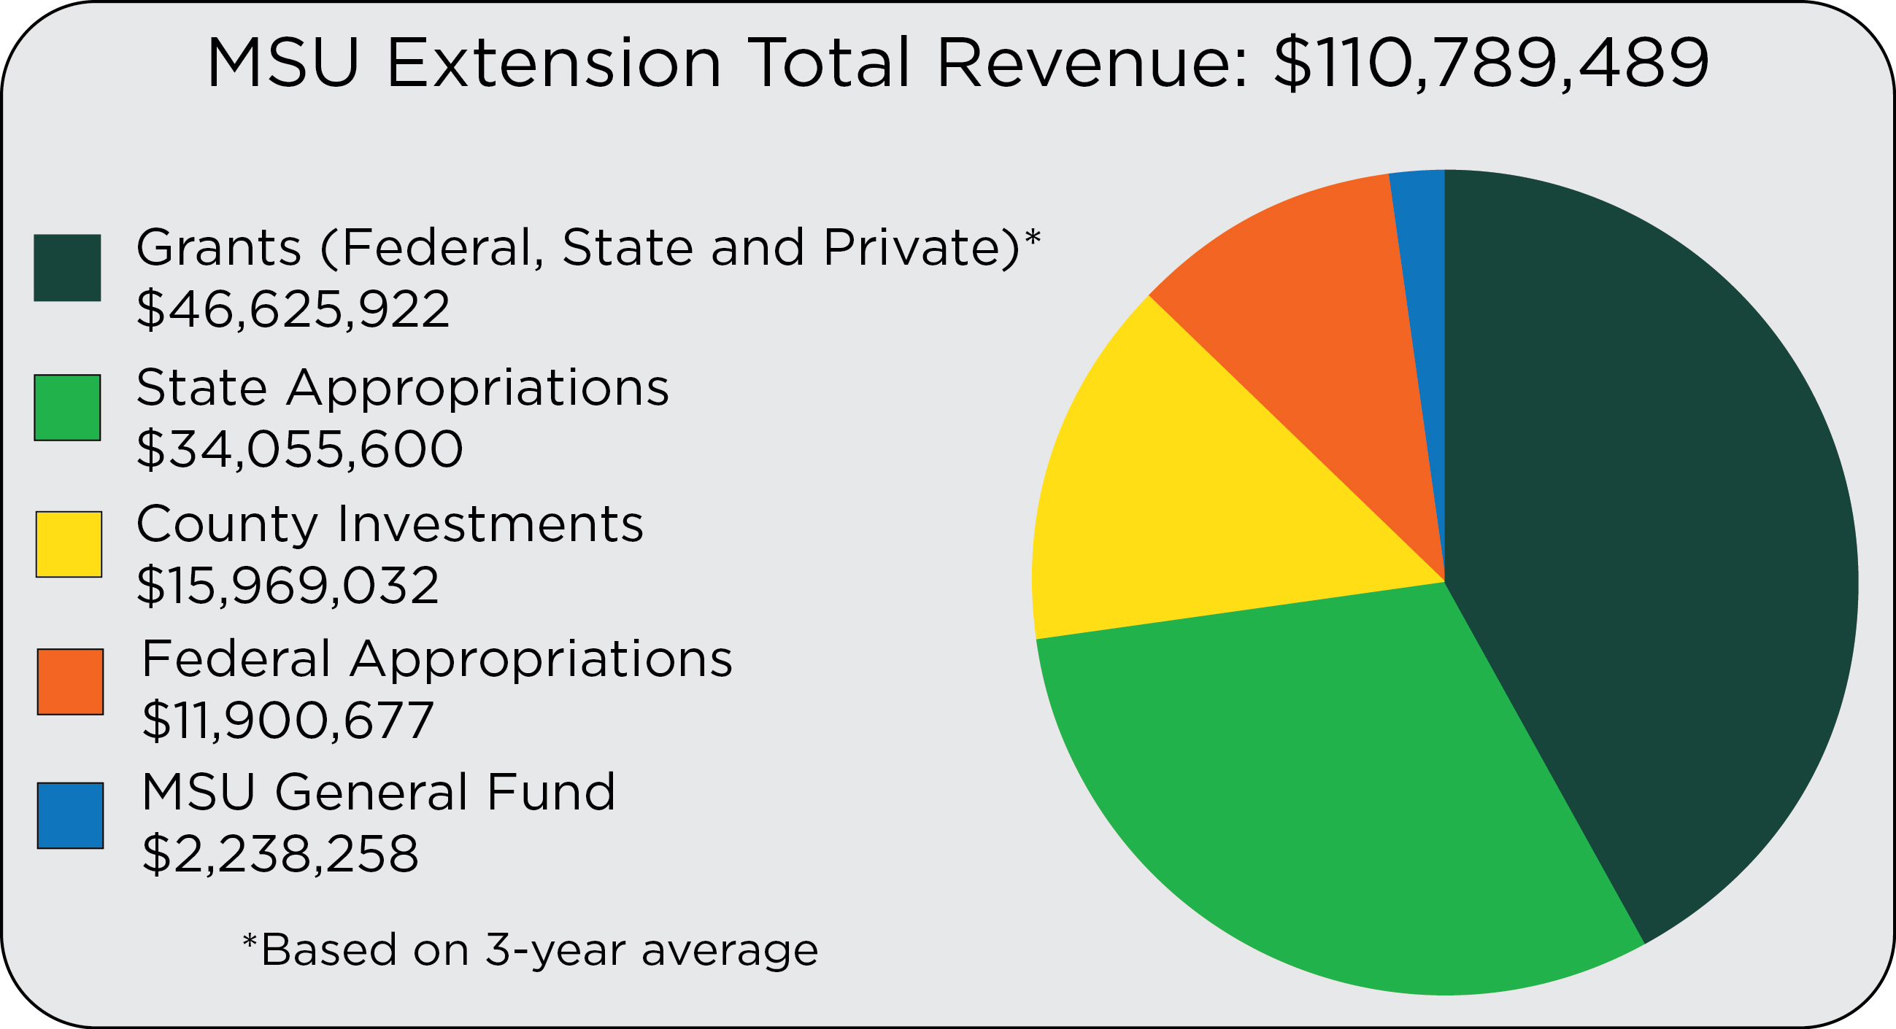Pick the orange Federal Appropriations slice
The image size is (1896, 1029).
[1317, 309]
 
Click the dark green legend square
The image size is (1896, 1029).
[67, 268]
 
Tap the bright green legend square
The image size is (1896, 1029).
[67, 408]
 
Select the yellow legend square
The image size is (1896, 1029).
[69, 544]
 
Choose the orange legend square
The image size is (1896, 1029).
[70, 681]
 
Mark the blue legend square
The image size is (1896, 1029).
[70, 815]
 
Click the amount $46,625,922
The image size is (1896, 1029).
[293, 309]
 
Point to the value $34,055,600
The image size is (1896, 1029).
[299, 449]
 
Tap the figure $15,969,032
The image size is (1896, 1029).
[288, 586]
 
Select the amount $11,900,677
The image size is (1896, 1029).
[288, 720]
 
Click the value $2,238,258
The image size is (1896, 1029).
[280, 854]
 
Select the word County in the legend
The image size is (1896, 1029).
[228, 524]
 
